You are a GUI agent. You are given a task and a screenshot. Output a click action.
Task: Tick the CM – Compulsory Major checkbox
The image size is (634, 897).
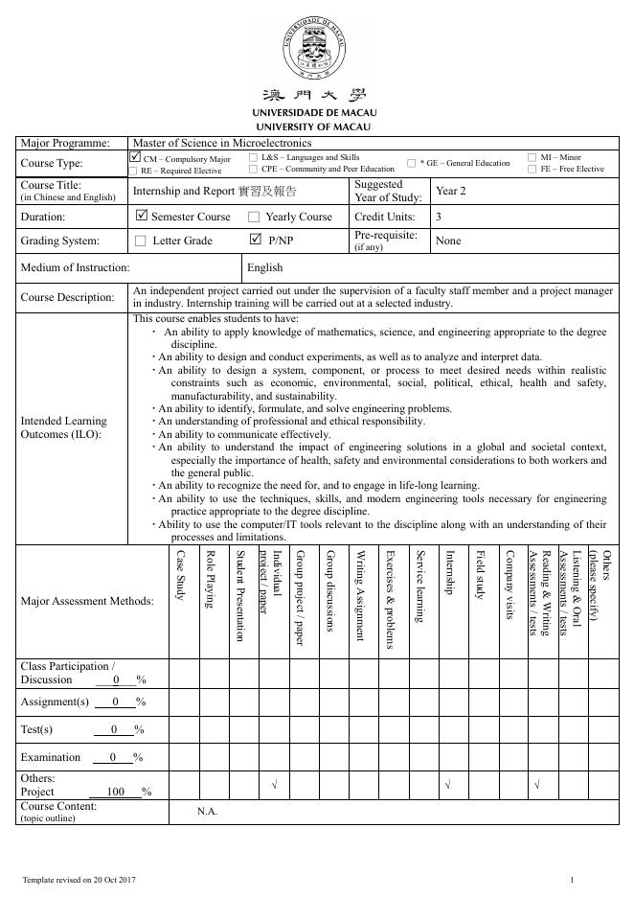[x=135, y=157]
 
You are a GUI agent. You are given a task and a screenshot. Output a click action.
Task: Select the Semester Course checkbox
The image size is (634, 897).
[x=142, y=217]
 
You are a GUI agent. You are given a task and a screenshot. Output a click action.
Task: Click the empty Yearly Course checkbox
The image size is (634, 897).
[x=254, y=218]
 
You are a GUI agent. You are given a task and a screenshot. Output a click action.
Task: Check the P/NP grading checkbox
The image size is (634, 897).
[x=255, y=240]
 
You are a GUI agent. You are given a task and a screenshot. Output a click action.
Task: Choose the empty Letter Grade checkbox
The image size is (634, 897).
[x=141, y=241]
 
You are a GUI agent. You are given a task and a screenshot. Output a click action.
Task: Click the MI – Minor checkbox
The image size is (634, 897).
[x=532, y=157]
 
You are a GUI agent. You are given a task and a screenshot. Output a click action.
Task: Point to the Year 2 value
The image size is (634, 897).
[x=450, y=191]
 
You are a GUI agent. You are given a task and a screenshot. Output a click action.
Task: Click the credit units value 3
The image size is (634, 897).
[x=439, y=217]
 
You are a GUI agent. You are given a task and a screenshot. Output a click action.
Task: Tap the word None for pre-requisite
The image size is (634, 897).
[x=448, y=241]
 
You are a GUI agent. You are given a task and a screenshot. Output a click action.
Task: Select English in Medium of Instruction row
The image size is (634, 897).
[x=264, y=268]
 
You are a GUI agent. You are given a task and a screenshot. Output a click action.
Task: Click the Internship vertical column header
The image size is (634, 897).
[x=449, y=572]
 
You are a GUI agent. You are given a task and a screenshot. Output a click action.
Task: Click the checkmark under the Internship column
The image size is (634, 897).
[x=448, y=786]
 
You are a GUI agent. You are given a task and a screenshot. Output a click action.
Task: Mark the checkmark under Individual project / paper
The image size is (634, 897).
[x=274, y=786]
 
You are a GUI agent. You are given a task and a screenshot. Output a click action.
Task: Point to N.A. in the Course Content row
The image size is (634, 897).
[x=208, y=812]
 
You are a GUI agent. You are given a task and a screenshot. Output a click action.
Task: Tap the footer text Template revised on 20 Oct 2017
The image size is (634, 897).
[x=79, y=879]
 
